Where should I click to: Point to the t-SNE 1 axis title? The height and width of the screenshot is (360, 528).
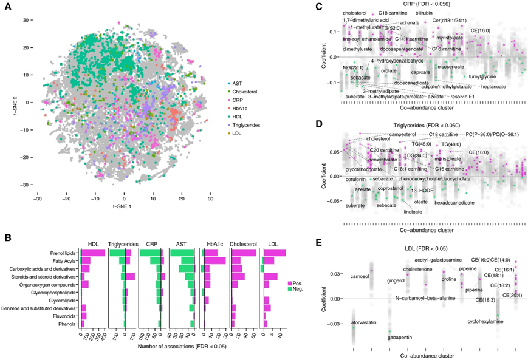pos(124,208)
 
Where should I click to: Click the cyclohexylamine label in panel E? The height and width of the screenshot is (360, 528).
pos(486,321)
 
